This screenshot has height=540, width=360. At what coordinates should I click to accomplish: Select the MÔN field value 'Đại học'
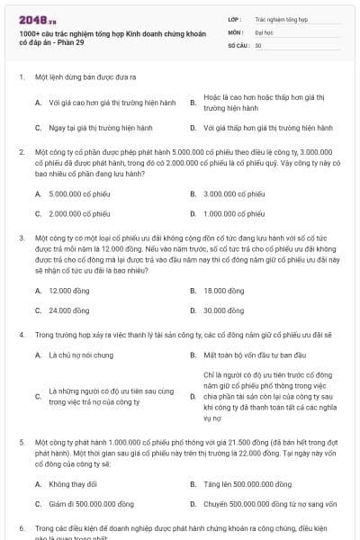(x=264, y=31)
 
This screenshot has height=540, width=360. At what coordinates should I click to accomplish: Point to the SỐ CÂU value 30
(x=258, y=45)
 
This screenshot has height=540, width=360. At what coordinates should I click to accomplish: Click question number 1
(x=21, y=77)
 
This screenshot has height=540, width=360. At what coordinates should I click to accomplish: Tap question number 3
(x=21, y=238)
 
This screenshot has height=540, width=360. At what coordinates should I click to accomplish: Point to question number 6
(x=21, y=528)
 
